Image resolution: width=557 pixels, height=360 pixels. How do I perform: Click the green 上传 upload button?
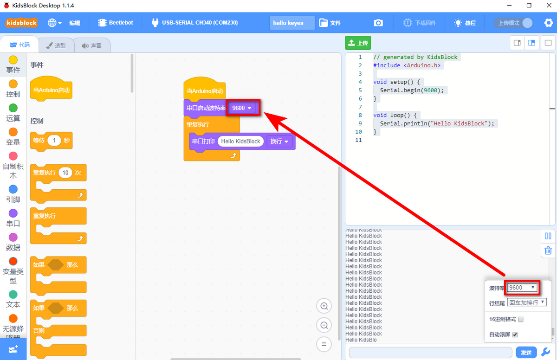coord(358,43)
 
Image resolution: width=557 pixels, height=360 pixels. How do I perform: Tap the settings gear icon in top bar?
coord(548,23)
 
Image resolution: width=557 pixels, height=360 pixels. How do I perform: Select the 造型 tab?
coord(57,45)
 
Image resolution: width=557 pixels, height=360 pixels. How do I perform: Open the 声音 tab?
coord(91,45)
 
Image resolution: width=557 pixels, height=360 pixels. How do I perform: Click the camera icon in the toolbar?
coord(378,23)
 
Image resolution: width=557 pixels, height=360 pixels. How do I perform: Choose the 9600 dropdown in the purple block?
coord(242,108)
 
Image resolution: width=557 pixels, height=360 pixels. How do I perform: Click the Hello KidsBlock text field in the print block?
coord(240,141)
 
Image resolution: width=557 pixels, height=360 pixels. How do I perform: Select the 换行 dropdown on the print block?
coord(279,141)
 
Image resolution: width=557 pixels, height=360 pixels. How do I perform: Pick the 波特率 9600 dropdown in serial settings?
coord(522,288)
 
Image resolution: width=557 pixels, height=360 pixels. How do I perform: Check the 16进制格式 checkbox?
coord(521,319)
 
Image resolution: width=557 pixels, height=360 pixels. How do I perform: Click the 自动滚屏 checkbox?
coord(515,334)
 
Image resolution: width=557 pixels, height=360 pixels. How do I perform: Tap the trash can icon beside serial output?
coord(548,251)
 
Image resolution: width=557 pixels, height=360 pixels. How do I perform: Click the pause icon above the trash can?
coord(548,236)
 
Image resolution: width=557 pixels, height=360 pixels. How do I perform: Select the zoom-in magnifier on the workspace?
coord(324,306)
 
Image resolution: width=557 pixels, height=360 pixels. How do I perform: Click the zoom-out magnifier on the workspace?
coord(324,325)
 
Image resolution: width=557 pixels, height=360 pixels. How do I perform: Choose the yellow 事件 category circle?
coord(13,60)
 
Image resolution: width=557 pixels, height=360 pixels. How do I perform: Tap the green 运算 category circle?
coord(13,108)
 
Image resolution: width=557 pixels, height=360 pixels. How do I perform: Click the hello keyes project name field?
coord(292,23)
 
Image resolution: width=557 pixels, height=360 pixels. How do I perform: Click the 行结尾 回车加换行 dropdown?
coord(527,302)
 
